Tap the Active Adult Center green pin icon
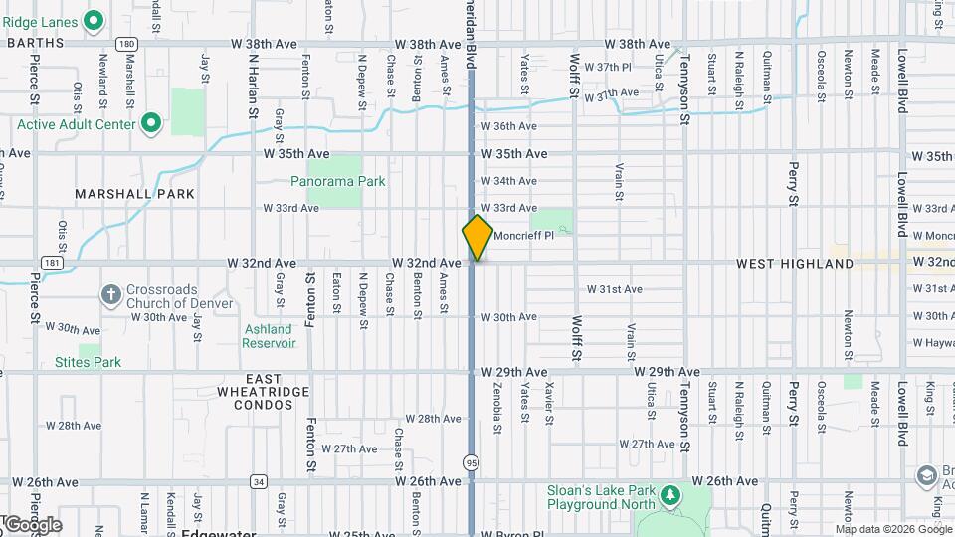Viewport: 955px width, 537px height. tap(151, 124)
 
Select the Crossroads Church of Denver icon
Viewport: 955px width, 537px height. tap(111, 295)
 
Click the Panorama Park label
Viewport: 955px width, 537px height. tap(337, 182)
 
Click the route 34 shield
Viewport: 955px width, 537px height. tap(259, 481)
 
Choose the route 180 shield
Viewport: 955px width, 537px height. tap(125, 44)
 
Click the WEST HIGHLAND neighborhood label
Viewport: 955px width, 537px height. tap(795, 264)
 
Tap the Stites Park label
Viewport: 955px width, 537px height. tap(88, 362)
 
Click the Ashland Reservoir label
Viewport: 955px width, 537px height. tap(269, 336)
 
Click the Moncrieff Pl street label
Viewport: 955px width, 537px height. tap(522, 236)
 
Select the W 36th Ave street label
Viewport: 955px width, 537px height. tap(508, 126)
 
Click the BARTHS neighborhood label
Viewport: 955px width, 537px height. tap(35, 43)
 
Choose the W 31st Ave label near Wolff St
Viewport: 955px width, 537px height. tap(614, 289)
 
